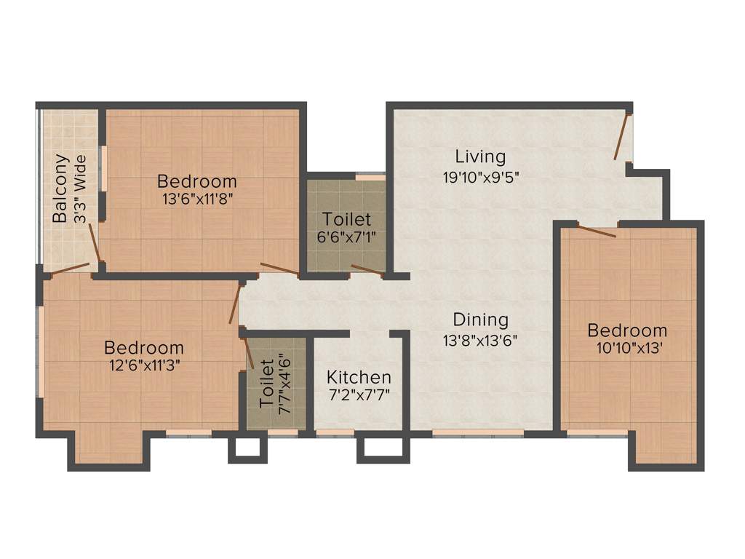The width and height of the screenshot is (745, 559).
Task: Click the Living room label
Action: (480, 156)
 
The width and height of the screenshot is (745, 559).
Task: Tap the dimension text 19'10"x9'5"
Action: (480, 176)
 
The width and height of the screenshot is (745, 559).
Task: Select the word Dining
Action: (480, 320)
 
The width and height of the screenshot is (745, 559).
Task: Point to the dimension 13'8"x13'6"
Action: (480, 339)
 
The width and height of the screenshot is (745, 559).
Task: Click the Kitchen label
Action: (359, 378)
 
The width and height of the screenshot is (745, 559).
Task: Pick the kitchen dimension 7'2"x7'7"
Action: (359, 397)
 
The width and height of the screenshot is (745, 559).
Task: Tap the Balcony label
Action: (61, 189)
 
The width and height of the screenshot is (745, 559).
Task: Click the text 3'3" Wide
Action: (81, 189)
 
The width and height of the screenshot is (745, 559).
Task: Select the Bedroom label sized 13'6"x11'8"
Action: (197, 181)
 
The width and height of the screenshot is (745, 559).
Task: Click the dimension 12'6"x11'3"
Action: (144, 366)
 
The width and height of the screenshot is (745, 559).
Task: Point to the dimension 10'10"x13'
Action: (627, 349)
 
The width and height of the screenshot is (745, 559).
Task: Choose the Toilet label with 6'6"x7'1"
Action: (347, 219)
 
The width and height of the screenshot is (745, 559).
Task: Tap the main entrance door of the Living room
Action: (621, 136)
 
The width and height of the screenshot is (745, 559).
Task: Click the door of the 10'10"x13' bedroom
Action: (597, 231)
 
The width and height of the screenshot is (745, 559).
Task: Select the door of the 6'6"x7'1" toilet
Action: (367, 271)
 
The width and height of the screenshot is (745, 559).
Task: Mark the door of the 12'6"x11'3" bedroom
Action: (235, 304)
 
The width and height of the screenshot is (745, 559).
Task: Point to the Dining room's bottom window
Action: (478, 433)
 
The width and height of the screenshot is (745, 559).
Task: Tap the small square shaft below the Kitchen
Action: (380, 449)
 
